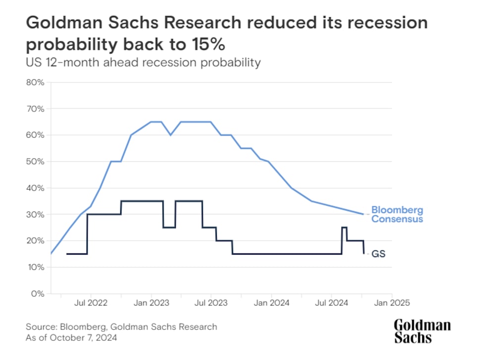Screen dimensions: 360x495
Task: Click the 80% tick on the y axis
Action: (36, 82)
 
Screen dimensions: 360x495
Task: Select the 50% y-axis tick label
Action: (36, 161)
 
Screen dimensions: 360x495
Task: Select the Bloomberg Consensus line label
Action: (397, 214)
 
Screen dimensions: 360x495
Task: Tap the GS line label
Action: (379, 254)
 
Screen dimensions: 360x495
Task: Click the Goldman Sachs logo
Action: (422, 331)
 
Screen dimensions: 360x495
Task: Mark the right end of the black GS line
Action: (364, 254)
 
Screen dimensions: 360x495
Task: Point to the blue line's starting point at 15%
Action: (50, 254)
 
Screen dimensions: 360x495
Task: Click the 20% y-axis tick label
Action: (36, 241)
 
